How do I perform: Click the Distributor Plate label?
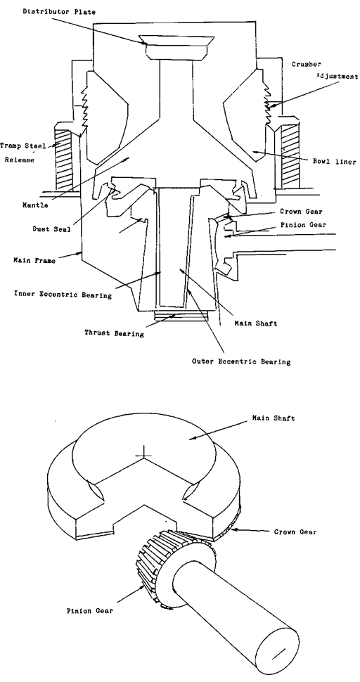[59, 12]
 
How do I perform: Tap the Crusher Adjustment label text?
[325, 70]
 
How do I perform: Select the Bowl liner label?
[335, 162]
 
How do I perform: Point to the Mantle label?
[35, 205]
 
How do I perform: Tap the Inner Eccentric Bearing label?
[63, 295]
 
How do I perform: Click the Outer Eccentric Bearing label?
[241, 361]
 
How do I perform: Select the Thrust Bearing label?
[114, 333]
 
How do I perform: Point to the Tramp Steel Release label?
[22, 153]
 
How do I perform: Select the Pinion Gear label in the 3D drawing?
[89, 611]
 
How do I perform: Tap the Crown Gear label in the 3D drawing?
[295, 532]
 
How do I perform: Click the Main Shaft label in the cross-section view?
[256, 323]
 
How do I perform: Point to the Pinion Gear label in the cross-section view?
[303, 225]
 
